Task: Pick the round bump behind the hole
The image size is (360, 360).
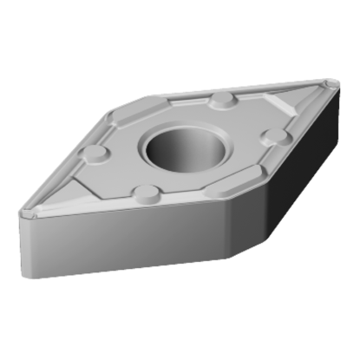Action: (222, 98)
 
